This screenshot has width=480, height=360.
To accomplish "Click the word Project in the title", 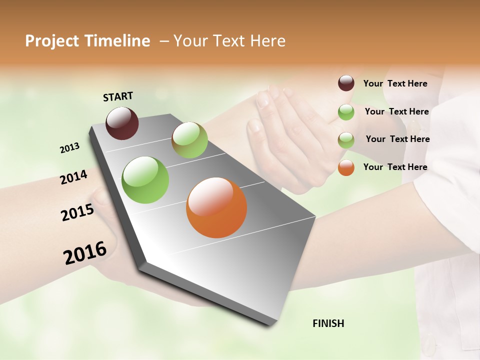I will [52, 41].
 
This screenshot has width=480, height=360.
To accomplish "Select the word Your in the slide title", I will [189, 41].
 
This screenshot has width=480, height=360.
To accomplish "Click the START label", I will [118, 96].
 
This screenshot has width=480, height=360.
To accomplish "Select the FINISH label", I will [328, 323].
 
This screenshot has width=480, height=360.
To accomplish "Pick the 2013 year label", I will [69, 148].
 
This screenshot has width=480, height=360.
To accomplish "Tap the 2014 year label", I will [73, 177].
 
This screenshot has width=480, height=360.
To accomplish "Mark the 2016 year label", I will [85, 253].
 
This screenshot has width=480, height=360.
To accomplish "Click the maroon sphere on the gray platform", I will [122, 123].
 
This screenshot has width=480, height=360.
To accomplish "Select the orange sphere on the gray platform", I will [216, 207].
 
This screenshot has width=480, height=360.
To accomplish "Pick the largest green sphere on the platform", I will [145, 180].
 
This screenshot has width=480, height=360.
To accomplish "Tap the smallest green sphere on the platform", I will [189, 140].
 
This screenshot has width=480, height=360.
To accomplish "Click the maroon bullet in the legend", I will [346, 83].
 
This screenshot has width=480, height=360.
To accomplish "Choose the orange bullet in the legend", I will [346, 167].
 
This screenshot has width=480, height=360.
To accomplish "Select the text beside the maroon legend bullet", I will [395, 83].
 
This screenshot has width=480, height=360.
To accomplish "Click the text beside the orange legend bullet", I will [395, 167].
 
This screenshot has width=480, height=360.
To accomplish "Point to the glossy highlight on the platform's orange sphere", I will [210, 195].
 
